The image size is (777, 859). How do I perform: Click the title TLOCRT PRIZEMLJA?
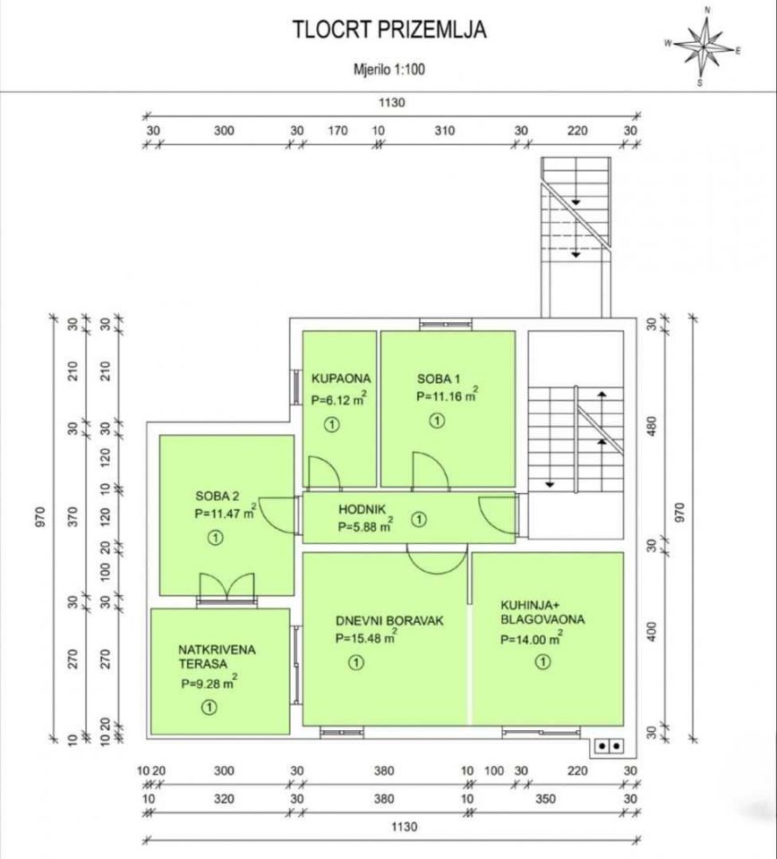(389, 30)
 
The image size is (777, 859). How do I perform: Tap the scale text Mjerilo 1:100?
(389, 70)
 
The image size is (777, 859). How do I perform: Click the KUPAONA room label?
(341, 378)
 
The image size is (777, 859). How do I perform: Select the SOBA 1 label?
(439, 378)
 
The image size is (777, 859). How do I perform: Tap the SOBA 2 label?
(217, 497)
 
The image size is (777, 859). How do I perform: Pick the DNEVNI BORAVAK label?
(389, 621)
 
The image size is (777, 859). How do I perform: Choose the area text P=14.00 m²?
(532, 638)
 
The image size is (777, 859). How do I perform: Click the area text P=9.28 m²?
(209, 683)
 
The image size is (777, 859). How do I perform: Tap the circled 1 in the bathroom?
(331, 424)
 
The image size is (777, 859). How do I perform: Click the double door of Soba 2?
(226, 586)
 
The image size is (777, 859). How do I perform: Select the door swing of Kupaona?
(324, 472)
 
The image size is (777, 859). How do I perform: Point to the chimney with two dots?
(610, 745)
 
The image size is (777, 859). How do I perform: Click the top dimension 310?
(445, 131)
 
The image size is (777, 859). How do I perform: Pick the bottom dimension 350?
(546, 799)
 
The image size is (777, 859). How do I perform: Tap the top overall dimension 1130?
(392, 102)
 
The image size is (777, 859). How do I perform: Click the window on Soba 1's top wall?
(446, 325)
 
